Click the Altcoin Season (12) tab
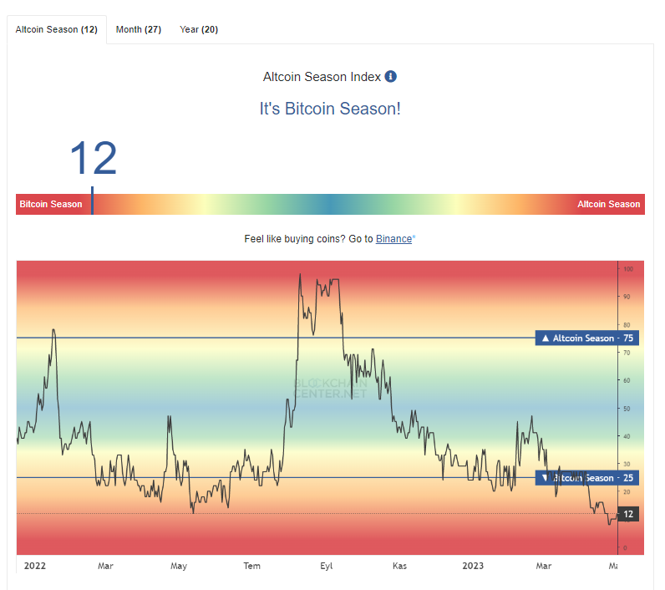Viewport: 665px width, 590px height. (x=57, y=29)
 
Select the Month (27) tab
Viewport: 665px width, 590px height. (x=139, y=29)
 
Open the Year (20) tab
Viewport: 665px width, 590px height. (x=199, y=29)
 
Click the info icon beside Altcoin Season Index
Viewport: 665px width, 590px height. (x=390, y=77)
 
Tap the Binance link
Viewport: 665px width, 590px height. (x=393, y=239)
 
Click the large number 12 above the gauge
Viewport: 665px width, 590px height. (x=93, y=159)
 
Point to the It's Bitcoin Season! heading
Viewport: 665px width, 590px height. (x=330, y=109)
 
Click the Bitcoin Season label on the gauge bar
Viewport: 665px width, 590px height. (x=51, y=205)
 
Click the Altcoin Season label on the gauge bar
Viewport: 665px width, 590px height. (x=608, y=205)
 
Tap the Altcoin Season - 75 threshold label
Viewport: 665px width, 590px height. (x=587, y=338)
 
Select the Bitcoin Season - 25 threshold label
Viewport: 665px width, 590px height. (x=587, y=478)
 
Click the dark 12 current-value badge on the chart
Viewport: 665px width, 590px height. (x=628, y=514)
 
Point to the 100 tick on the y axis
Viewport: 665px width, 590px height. (x=627, y=269)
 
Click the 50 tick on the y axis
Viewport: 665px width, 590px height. (x=627, y=409)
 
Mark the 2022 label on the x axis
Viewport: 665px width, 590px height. (x=35, y=566)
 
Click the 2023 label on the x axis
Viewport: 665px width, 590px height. (x=473, y=566)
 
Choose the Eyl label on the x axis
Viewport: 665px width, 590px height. (x=326, y=566)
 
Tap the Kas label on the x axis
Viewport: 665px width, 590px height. (x=399, y=566)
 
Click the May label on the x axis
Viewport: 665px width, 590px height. (x=179, y=566)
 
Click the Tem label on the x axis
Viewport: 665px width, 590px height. (x=251, y=566)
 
